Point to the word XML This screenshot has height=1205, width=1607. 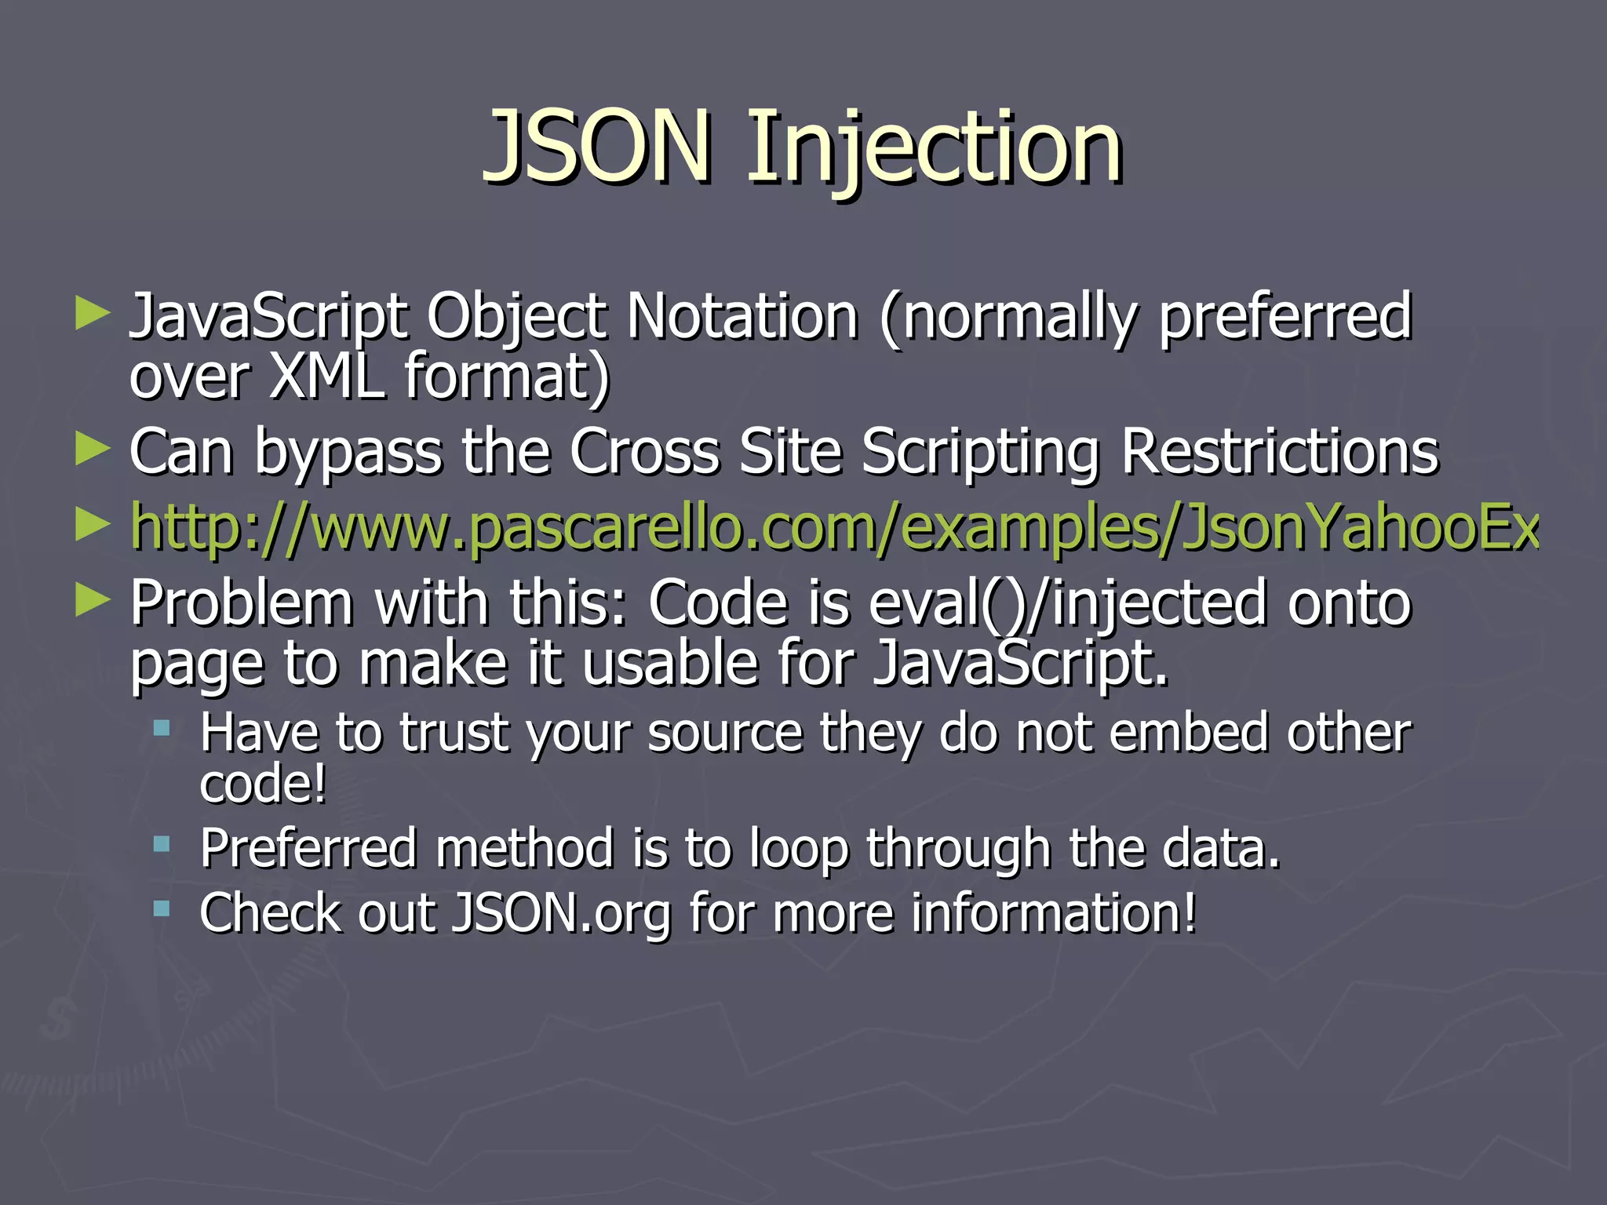(x=326, y=377)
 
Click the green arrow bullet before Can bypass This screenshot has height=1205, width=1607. (x=93, y=450)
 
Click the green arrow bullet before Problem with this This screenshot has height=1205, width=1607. (x=93, y=600)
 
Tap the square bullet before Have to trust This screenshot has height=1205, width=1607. (x=162, y=729)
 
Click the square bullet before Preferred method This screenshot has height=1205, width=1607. (x=162, y=844)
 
